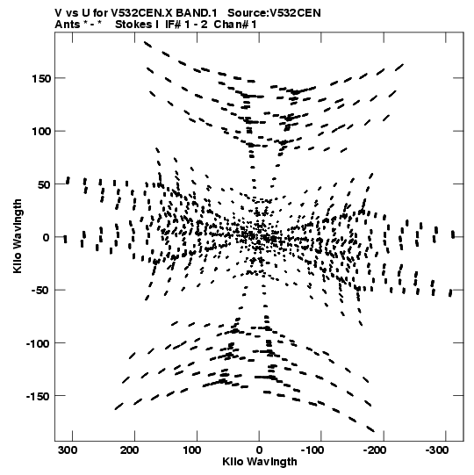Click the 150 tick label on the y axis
point(41,78)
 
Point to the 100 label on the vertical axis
point(41,132)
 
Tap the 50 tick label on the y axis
point(44,184)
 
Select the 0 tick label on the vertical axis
point(47,237)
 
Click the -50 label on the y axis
point(41,291)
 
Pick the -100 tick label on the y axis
point(38,343)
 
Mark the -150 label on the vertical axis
point(38,396)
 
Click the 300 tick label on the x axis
point(68,450)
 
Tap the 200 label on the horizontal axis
point(130,450)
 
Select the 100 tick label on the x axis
point(191,450)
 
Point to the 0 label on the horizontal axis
point(259,450)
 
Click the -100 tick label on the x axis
point(312,450)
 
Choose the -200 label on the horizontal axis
point(374,450)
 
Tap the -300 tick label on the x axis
point(437,450)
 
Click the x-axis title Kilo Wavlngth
point(260,462)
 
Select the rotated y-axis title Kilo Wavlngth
point(18,236)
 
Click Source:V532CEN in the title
point(274,13)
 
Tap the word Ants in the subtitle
point(68,25)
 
